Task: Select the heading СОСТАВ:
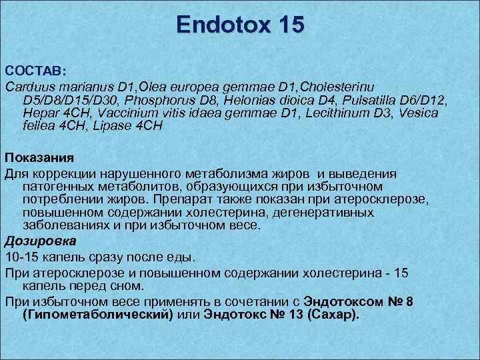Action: pyautogui.click(x=33, y=71)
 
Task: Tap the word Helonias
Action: pyautogui.click(x=254, y=100)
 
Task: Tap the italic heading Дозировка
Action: pyautogui.click(x=40, y=240)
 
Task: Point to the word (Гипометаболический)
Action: pyautogui.click(x=97, y=315)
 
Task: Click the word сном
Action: pyautogui.click(x=128, y=287)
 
